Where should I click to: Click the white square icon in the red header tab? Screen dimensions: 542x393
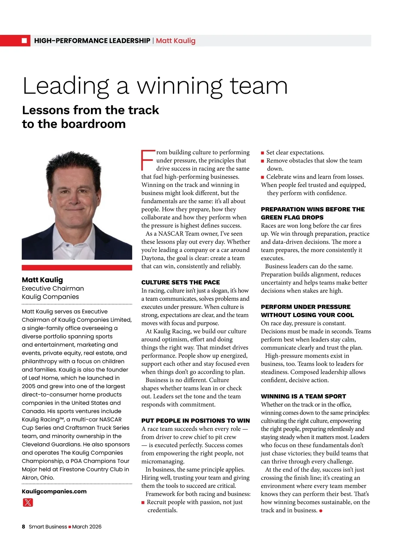pyautogui.click(x=24, y=41)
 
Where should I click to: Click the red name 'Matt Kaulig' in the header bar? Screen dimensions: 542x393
pyautogui.click(x=176, y=41)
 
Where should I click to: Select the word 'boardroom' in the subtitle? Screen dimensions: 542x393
pyautogui.click(x=93, y=124)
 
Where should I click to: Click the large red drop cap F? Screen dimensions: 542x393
pyautogui.click(x=147, y=160)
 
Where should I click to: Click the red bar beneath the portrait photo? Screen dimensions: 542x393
pyautogui.click(x=77, y=268)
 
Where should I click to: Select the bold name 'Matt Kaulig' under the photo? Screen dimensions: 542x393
pyautogui.click(x=42, y=280)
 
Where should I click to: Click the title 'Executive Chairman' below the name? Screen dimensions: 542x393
pyautogui.click(x=53, y=288)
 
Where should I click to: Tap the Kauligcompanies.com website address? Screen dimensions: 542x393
pyautogui.click(x=54, y=491)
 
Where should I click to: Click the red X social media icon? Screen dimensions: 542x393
pyautogui.click(x=28, y=502)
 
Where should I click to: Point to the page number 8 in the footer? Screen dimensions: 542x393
pyautogui.click(x=24, y=527)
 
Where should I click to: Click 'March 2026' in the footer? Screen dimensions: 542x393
pyautogui.click(x=87, y=527)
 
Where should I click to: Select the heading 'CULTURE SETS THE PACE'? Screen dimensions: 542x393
pyautogui.click(x=180, y=282)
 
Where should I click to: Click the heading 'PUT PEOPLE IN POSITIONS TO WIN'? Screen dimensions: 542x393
pyautogui.click(x=196, y=421)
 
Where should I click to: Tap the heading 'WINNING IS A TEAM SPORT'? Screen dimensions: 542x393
pyautogui.click(x=303, y=396)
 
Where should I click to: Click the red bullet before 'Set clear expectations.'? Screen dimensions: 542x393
pyautogui.click(x=262, y=153)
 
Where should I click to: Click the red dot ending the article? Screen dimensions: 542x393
pyautogui.click(x=321, y=511)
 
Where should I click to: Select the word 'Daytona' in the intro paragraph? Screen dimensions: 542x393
pyautogui.click(x=153, y=258)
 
